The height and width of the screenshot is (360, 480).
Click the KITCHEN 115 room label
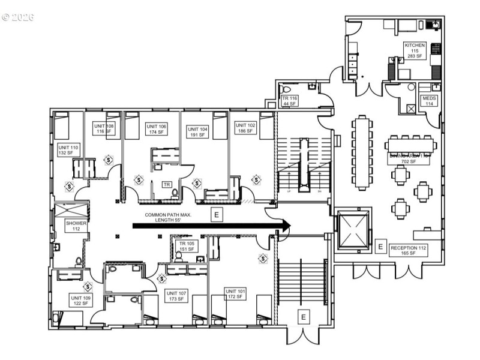click(x=415, y=50)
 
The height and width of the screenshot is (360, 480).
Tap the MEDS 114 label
click(x=429, y=100)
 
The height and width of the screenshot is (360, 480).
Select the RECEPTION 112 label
click(x=408, y=250)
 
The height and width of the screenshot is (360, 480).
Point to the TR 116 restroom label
click(x=290, y=100)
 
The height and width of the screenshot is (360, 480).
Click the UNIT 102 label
click(x=245, y=127)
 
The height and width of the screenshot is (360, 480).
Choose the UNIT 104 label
click(x=197, y=132)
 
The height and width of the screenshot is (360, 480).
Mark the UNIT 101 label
click(x=235, y=293)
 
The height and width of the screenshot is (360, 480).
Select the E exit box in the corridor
click(x=215, y=214)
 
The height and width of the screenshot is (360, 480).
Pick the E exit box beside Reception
click(x=380, y=246)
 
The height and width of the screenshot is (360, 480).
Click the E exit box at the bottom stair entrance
click(x=303, y=316)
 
